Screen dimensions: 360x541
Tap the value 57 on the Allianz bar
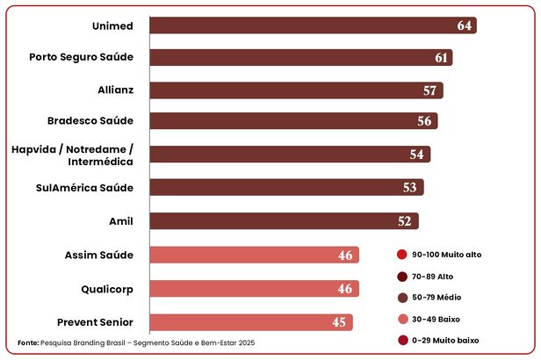pyautogui.click(x=429, y=90)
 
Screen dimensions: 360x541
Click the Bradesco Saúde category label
pyautogui.click(x=90, y=121)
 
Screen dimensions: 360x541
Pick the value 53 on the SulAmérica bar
pyautogui.click(x=409, y=188)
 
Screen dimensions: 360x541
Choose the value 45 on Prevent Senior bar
pyautogui.click(x=338, y=322)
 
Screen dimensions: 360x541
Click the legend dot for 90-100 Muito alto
pyautogui.click(x=401, y=255)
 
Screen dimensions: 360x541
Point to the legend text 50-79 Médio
pyautogui.click(x=443, y=298)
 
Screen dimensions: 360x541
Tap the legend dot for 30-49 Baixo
pyautogui.click(x=401, y=319)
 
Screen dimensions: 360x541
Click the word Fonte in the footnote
pyautogui.click(x=28, y=342)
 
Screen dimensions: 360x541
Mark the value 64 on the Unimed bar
pyautogui.click(x=465, y=25)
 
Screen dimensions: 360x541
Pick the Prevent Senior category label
pyautogui.click(x=95, y=321)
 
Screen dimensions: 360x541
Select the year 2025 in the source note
pyautogui.click(x=245, y=342)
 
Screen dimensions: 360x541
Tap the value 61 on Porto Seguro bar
pyautogui.click(x=442, y=58)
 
